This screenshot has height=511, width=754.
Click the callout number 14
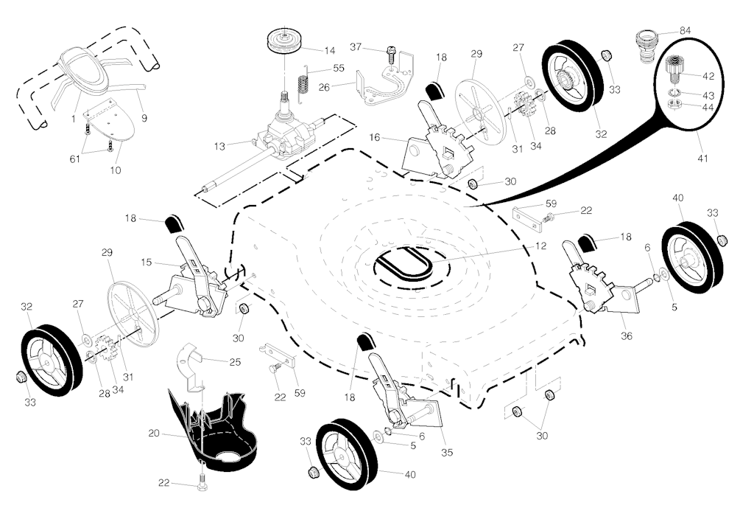pos(329,50)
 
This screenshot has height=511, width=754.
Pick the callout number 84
pos(685,30)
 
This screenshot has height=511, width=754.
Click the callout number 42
pos(708,77)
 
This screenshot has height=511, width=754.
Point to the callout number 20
pos(153,434)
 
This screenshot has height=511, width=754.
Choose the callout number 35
pos(447,451)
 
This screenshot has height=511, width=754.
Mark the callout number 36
pos(627,336)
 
